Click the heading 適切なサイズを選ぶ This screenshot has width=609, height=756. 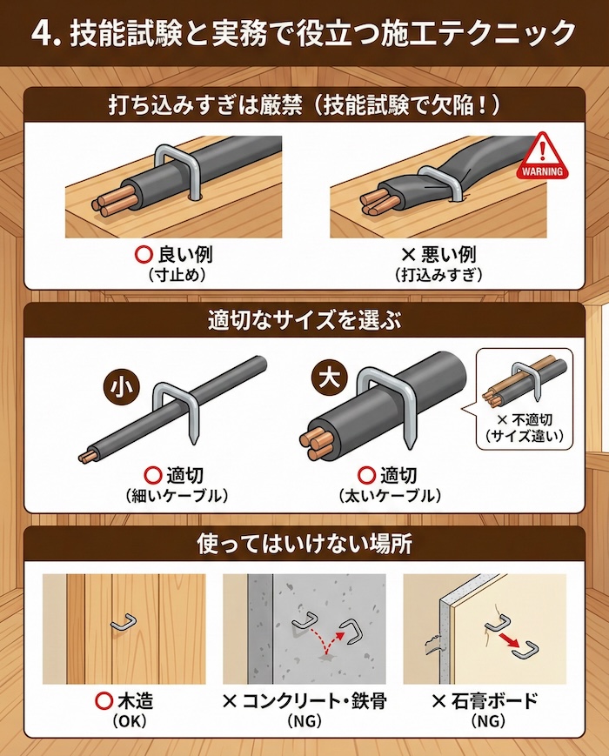(x=304, y=318)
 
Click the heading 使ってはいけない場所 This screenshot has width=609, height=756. (x=304, y=545)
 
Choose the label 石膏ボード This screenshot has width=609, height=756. (x=486, y=701)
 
